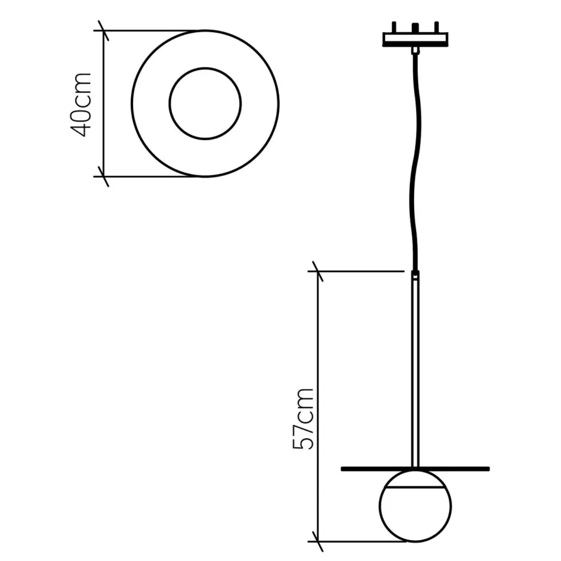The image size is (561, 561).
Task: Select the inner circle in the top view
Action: [x=205, y=104]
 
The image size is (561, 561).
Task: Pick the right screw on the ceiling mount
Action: [x=436, y=28]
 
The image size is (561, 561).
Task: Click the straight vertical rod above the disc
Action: [x=415, y=370]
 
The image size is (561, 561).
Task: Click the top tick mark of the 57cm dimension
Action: [x=317, y=272]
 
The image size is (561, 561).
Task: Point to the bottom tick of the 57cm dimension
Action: [x=317, y=541]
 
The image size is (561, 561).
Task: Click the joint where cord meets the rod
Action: [x=414, y=274]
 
